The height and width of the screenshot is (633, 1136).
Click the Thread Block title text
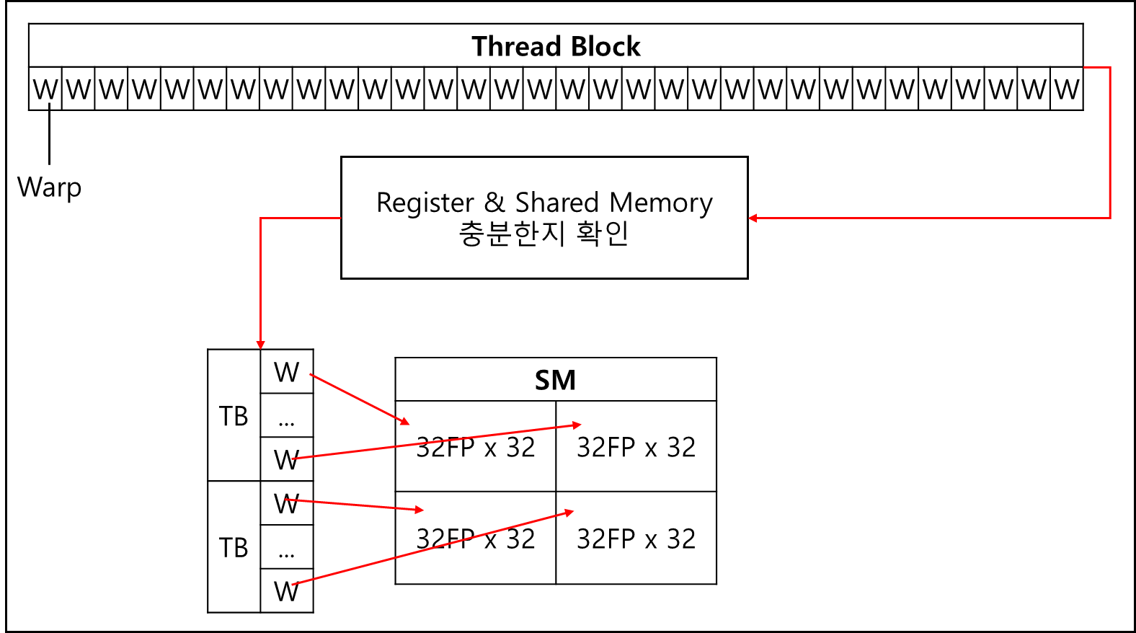[556, 47]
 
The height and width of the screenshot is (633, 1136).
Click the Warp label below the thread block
[49, 187]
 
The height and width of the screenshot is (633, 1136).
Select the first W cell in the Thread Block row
[45, 89]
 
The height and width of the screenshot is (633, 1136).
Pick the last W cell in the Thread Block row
[1067, 89]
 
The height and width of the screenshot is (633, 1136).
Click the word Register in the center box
[425, 203]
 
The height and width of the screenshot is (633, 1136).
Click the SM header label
[555, 380]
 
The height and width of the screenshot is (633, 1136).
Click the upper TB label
[234, 416]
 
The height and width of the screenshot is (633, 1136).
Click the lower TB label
[234, 548]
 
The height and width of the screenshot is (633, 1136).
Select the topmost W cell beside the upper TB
[286, 372]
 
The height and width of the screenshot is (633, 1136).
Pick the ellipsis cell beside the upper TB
[286, 416]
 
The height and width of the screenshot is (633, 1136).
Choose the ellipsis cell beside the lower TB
[286, 548]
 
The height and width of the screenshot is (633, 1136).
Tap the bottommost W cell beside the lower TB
[286, 591]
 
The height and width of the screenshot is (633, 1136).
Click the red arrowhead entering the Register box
[753, 218]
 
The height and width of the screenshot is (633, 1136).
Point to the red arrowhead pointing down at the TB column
[260, 345]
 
